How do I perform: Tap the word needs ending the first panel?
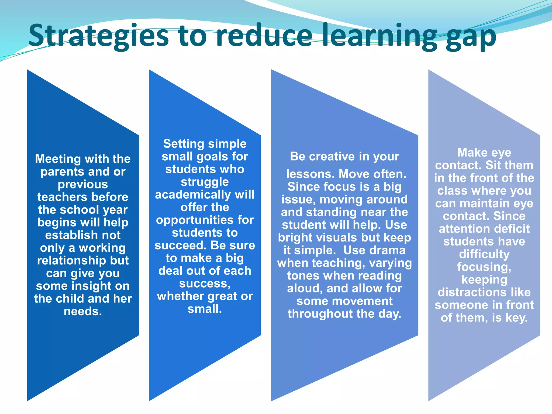83,312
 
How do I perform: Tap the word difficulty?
484,254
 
